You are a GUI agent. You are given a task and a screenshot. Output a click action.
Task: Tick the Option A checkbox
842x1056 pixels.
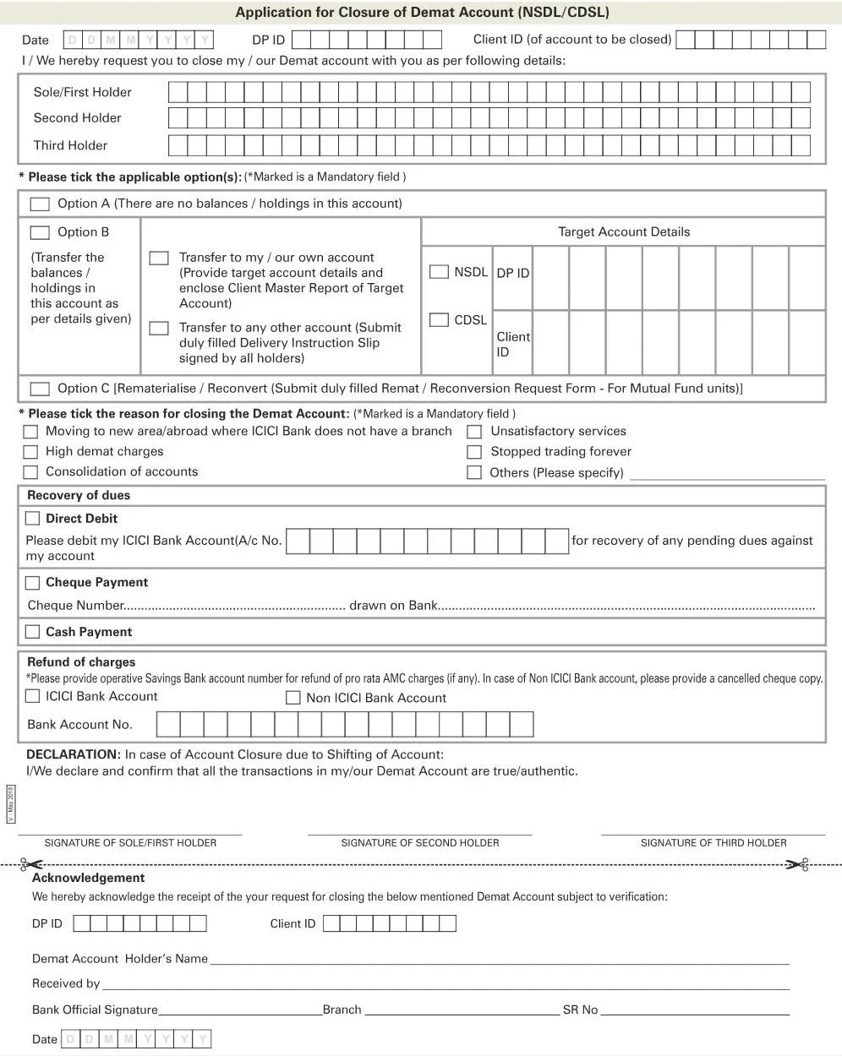40,204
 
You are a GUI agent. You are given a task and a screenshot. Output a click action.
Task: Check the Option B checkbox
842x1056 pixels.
40,232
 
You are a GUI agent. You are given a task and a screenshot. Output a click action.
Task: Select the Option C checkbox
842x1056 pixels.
40,389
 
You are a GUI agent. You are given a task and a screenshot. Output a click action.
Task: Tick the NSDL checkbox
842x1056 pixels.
439,272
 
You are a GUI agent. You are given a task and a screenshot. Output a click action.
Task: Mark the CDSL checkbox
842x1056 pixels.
439,320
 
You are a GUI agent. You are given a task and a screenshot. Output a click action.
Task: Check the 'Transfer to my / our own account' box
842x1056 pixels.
159,258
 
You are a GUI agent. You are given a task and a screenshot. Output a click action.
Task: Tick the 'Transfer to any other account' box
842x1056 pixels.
159,328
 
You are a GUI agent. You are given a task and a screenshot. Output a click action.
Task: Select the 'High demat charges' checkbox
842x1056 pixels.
31,452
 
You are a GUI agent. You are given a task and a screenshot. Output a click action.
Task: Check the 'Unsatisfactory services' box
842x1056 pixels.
474,432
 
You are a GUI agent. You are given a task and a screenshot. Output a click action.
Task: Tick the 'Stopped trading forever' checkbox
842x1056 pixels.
474,452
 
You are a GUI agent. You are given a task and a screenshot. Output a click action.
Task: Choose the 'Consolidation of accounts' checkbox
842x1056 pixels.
31,472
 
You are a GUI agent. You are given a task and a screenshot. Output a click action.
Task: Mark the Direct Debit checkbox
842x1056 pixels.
33,519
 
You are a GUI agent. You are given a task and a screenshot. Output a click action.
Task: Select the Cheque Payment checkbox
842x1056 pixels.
33,583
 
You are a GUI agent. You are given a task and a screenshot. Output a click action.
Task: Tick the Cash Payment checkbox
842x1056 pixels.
33,632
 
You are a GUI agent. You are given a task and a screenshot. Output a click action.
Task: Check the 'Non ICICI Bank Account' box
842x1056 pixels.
293,698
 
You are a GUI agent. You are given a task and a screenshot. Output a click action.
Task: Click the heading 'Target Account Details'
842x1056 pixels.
624,232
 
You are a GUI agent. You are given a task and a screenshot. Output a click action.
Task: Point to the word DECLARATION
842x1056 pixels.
73,754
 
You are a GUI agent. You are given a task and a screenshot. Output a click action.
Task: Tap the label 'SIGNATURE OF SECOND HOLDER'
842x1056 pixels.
420,843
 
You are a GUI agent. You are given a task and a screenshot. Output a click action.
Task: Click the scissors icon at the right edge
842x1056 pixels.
796,864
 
